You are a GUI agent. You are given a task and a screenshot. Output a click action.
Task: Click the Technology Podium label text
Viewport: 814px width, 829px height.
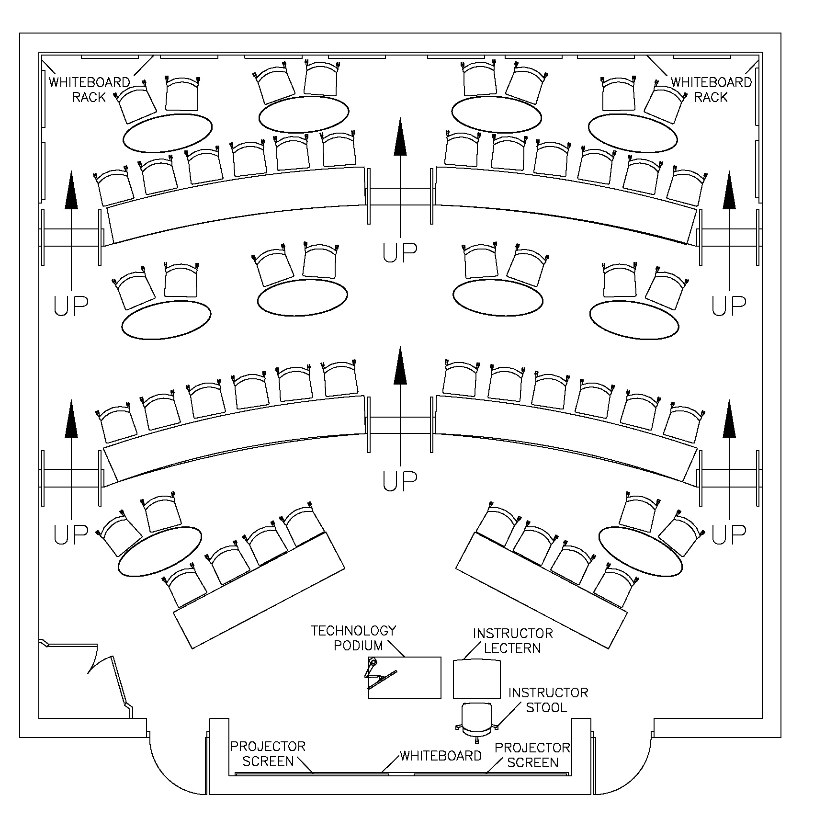pos(353,638)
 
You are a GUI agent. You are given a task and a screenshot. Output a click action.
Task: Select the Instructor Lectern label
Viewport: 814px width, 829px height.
pos(512,641)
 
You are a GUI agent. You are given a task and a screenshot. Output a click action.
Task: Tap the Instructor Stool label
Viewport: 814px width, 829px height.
pos(548,700)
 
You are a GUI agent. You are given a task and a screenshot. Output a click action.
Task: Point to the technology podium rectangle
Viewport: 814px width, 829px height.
pos(405,677)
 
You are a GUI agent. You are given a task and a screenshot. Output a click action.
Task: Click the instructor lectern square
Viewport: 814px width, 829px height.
pos(476,679)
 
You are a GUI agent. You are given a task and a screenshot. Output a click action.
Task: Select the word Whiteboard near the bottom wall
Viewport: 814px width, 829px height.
pos(441,756)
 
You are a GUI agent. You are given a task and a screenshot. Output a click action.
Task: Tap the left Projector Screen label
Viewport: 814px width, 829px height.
pos(268,754)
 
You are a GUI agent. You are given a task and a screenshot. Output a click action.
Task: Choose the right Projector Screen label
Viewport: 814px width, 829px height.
pos(532,755)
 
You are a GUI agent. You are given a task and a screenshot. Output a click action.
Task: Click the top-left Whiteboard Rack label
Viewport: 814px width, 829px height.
pos(89,90)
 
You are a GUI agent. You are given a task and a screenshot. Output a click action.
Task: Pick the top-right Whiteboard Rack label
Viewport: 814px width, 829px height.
pos(711,90)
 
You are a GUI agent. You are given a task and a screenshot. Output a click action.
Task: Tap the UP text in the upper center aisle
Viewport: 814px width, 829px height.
pos(400,252)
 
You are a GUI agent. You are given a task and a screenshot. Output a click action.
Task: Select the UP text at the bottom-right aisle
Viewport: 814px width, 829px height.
pos(728,534)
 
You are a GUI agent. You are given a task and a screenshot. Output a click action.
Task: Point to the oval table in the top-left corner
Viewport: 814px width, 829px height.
pos(167,132)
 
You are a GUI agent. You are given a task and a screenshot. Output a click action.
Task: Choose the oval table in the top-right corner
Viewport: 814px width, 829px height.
pos(633,133)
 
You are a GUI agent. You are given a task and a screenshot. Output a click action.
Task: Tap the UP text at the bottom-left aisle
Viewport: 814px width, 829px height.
pos(71,534)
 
